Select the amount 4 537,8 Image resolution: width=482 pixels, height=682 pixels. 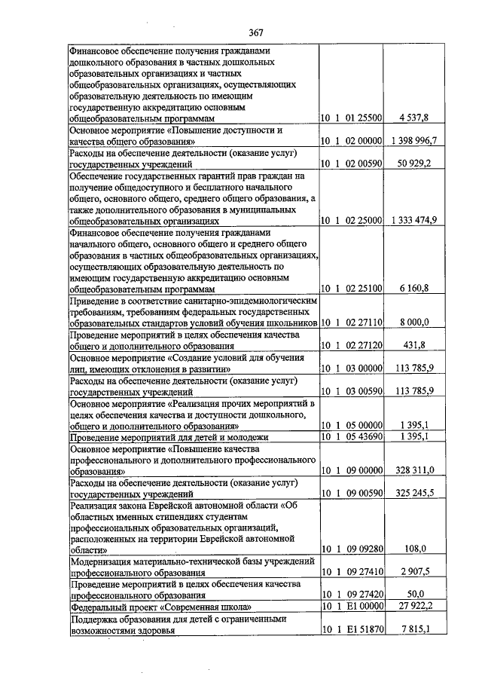pyautogui.click(x=414, y=118)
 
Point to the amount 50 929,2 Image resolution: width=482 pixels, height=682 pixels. pyautogui.click(x=414, y=162)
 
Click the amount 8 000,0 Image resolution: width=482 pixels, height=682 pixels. pyautogui.click(x=414, y=322)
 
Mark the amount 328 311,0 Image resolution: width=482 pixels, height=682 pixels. pyautogui.click(x=414, y=469)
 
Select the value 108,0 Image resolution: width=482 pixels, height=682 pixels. pyautogui.click(x=414, y=549)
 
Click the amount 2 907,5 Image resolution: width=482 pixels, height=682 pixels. pyautogui.click(x=414, y=572)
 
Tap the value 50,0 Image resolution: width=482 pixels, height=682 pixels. pyautogui.click(x=414, y=595)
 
